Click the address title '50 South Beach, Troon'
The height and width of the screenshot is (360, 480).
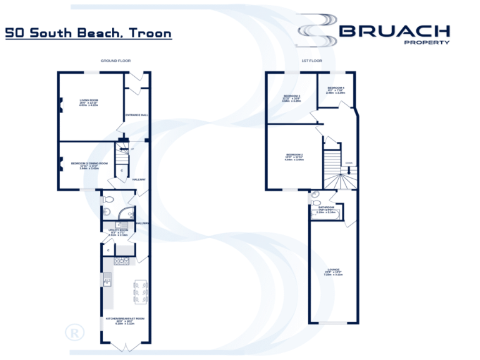[88, 32]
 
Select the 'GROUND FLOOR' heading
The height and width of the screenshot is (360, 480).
[116, 61]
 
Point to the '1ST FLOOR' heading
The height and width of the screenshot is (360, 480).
[311, 61]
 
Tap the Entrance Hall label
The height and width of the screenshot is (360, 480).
[136, 115]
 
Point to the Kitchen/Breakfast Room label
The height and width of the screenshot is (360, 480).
[125, 321]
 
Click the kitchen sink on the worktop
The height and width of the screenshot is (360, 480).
[107, 282]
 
